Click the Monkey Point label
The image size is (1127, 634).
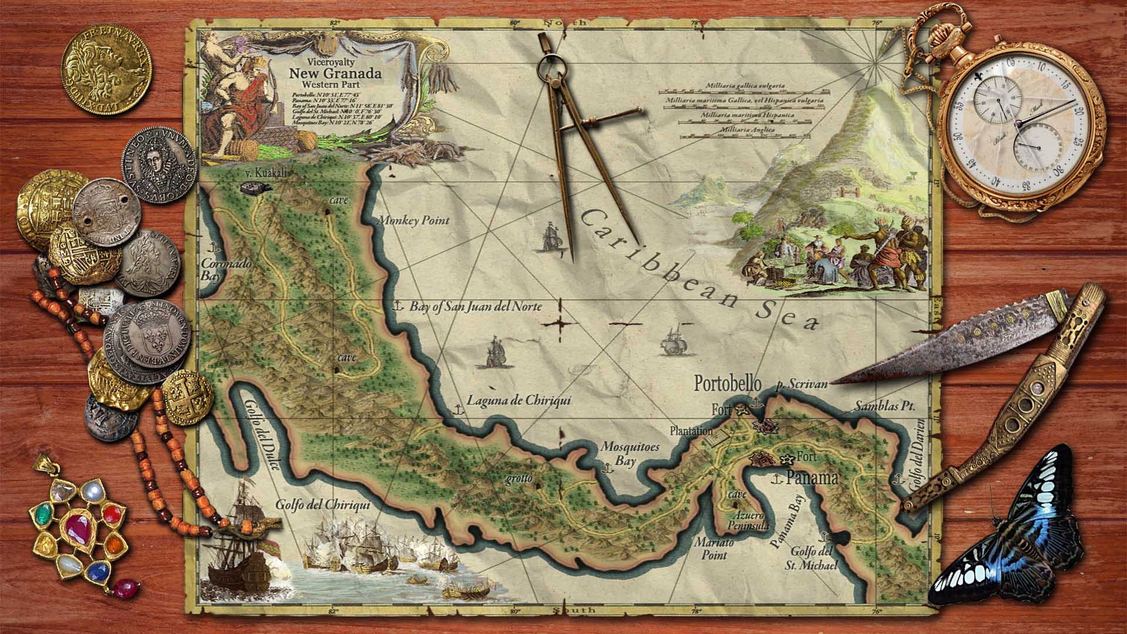(x=413, y=221)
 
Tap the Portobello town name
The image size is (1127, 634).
(x=727, y=384)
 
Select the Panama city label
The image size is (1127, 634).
(x=812, y=478)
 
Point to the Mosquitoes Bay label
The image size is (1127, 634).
(x=630, y=454)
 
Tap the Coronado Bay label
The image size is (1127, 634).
(x=226, y=269)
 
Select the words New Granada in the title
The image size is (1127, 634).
(x=335, y=74)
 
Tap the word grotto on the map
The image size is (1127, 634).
(x=519, y=478)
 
